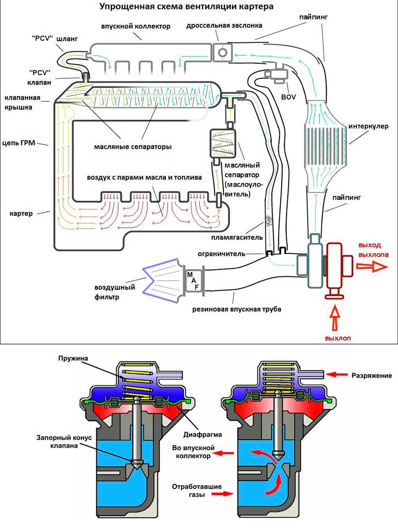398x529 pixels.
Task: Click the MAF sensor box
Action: point(193,281)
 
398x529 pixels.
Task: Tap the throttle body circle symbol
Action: point(222,53)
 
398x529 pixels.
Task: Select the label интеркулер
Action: point(368,126)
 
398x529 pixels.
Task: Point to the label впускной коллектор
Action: point(136,27)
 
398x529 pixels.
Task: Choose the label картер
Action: point(21,214)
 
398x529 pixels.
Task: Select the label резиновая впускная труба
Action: point(237,309)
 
